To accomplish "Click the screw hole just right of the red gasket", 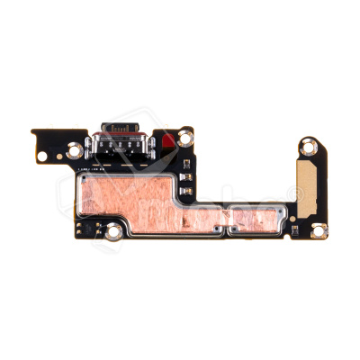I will (184, 138).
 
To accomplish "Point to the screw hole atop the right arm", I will (308, 143).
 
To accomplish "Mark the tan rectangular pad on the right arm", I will (309, 187).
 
